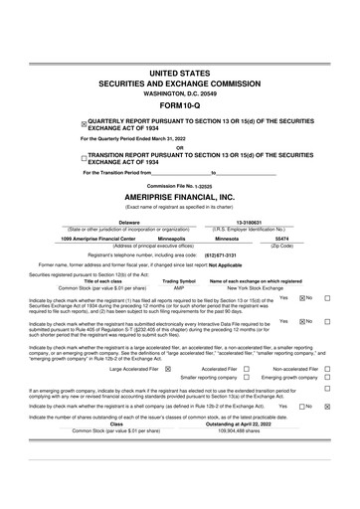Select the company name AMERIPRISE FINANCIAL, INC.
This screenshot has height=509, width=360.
tap(179, 197)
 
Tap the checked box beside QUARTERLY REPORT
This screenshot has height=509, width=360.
tap(85, 124)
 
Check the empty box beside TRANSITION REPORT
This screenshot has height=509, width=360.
tap(85, 157)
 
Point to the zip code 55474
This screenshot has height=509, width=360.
tap(281, 239)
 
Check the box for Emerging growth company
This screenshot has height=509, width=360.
tap(326, 378)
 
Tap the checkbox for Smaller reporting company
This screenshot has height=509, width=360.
tap(256, 378)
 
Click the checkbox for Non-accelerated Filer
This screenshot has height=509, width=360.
tap(326, 369)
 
